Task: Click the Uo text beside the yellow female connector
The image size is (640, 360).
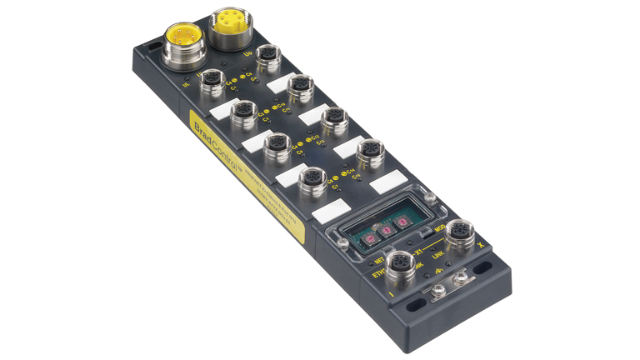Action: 247,56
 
